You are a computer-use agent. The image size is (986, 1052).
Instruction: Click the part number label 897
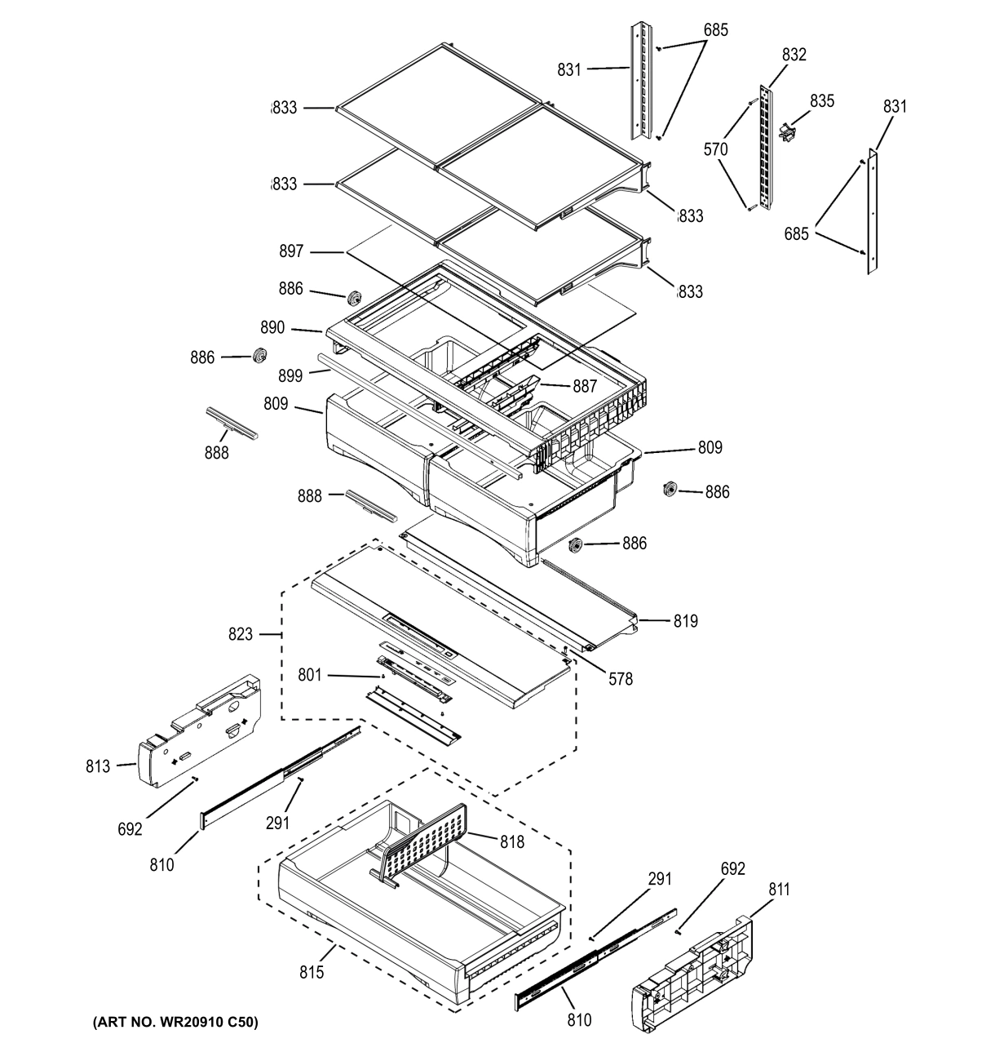click(x=291, y=251)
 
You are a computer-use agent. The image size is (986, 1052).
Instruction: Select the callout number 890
click(x=273, y=327)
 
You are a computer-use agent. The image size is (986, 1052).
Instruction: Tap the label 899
click(x=290, y=375)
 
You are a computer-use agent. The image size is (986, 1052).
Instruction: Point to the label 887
click(x=585, y=387)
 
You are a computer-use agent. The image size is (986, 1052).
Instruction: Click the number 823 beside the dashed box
click(x=241, y=633)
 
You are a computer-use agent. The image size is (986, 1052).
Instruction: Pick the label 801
click(x=309, y=675)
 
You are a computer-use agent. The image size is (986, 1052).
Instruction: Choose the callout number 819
click(x=685, y=621)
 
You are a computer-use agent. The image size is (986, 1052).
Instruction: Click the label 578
click(x=620, y=678)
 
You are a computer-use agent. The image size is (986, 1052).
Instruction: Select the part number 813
click(x=98, y=766)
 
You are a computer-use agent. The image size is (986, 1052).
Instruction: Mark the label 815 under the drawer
click(x=312, y=972)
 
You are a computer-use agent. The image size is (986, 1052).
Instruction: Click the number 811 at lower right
click(x=779, y=890)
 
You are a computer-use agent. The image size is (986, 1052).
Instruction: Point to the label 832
click(x=794, y=55)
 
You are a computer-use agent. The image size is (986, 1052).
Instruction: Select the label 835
click(x=822, y=100)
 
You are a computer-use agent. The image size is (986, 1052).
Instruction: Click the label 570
click(x=715, y=149)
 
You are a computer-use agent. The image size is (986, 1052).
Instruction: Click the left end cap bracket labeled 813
click(x=200, y=726)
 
